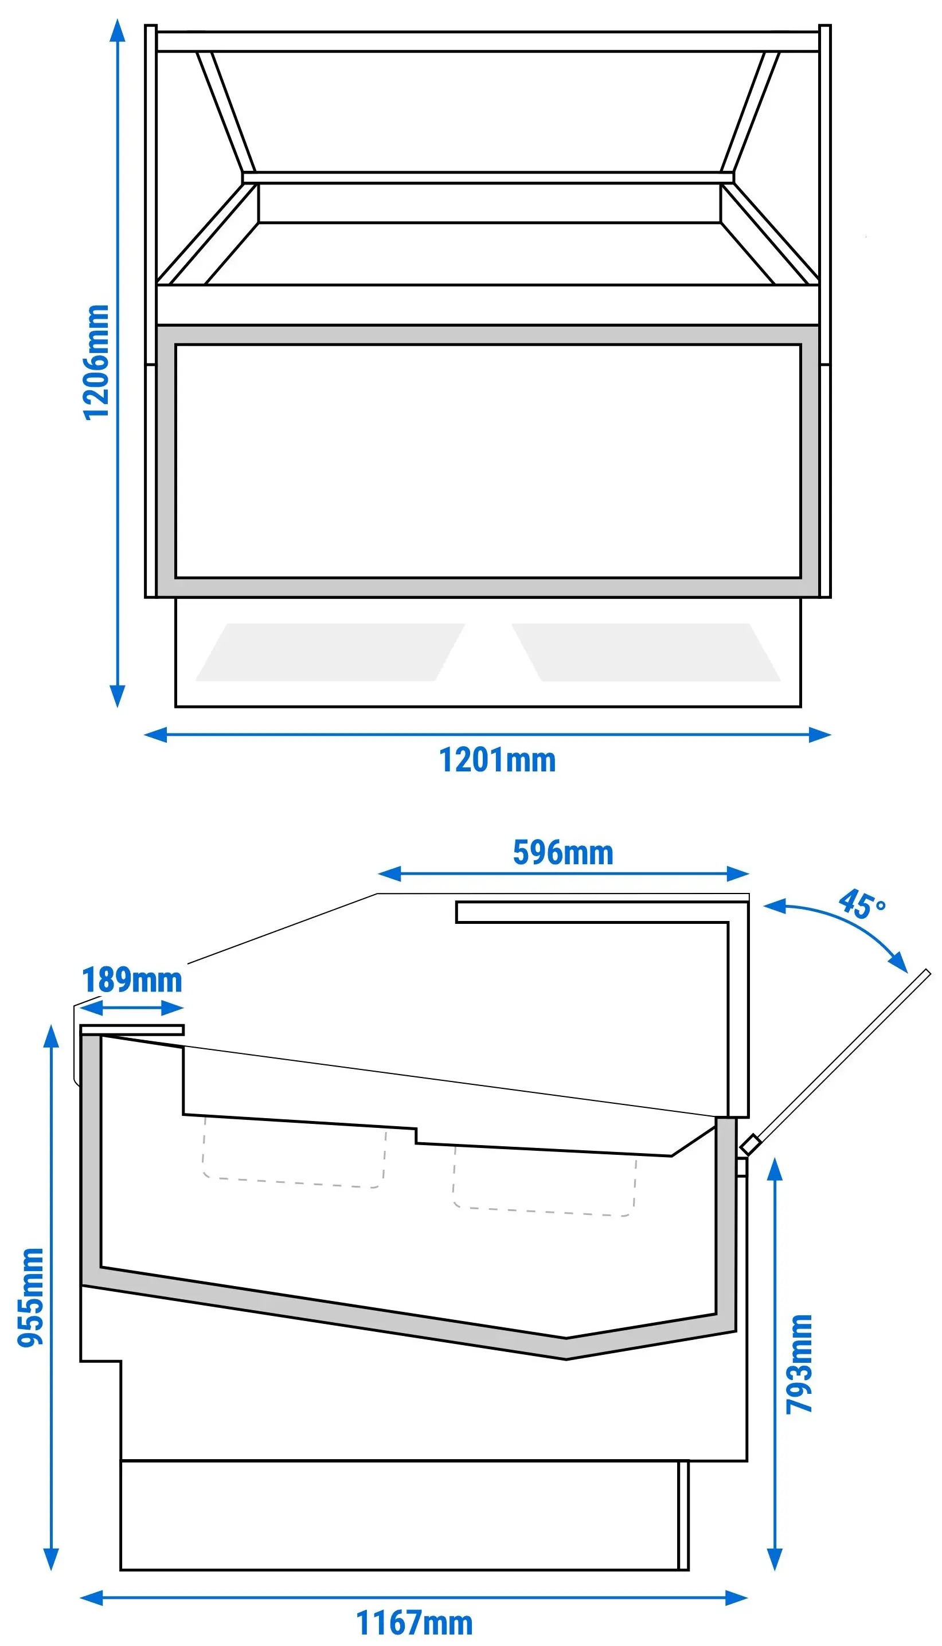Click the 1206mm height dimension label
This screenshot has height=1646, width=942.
click(96, 363)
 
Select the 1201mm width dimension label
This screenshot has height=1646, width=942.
click(497, 760)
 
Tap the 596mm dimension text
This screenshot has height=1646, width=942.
click(563, 852)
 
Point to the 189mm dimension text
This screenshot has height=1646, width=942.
click(132, 980)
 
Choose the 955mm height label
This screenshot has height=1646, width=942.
click(30, 1298)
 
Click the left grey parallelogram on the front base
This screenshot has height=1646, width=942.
click(330, 652)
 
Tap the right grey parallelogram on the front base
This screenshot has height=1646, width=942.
click(646, 652)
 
